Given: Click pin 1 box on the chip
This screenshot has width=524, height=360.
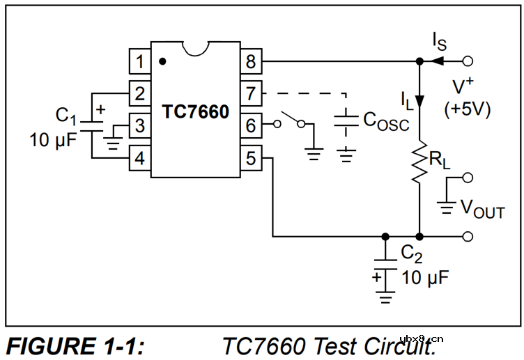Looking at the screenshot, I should [x=139, y=61].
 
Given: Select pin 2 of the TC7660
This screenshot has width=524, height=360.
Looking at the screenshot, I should [x=139, y=93].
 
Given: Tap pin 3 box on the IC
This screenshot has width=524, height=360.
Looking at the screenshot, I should [x=139, y=126].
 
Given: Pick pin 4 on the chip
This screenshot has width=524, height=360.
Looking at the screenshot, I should [x=139, y=158].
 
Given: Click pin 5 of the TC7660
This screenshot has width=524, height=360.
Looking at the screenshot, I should [x=251, y=158].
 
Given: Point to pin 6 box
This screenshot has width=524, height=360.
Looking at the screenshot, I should [x=251, y=126].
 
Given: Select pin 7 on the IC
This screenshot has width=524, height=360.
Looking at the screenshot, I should [x=251, y=93].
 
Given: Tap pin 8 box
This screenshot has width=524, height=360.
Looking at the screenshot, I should [x=251, y=61].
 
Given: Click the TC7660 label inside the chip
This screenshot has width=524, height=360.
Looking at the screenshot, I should [x=195, y=111].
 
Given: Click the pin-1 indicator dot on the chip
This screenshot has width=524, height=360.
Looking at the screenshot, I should [x=162, y=61].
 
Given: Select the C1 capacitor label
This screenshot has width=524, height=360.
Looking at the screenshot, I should [x=66, y=114].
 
